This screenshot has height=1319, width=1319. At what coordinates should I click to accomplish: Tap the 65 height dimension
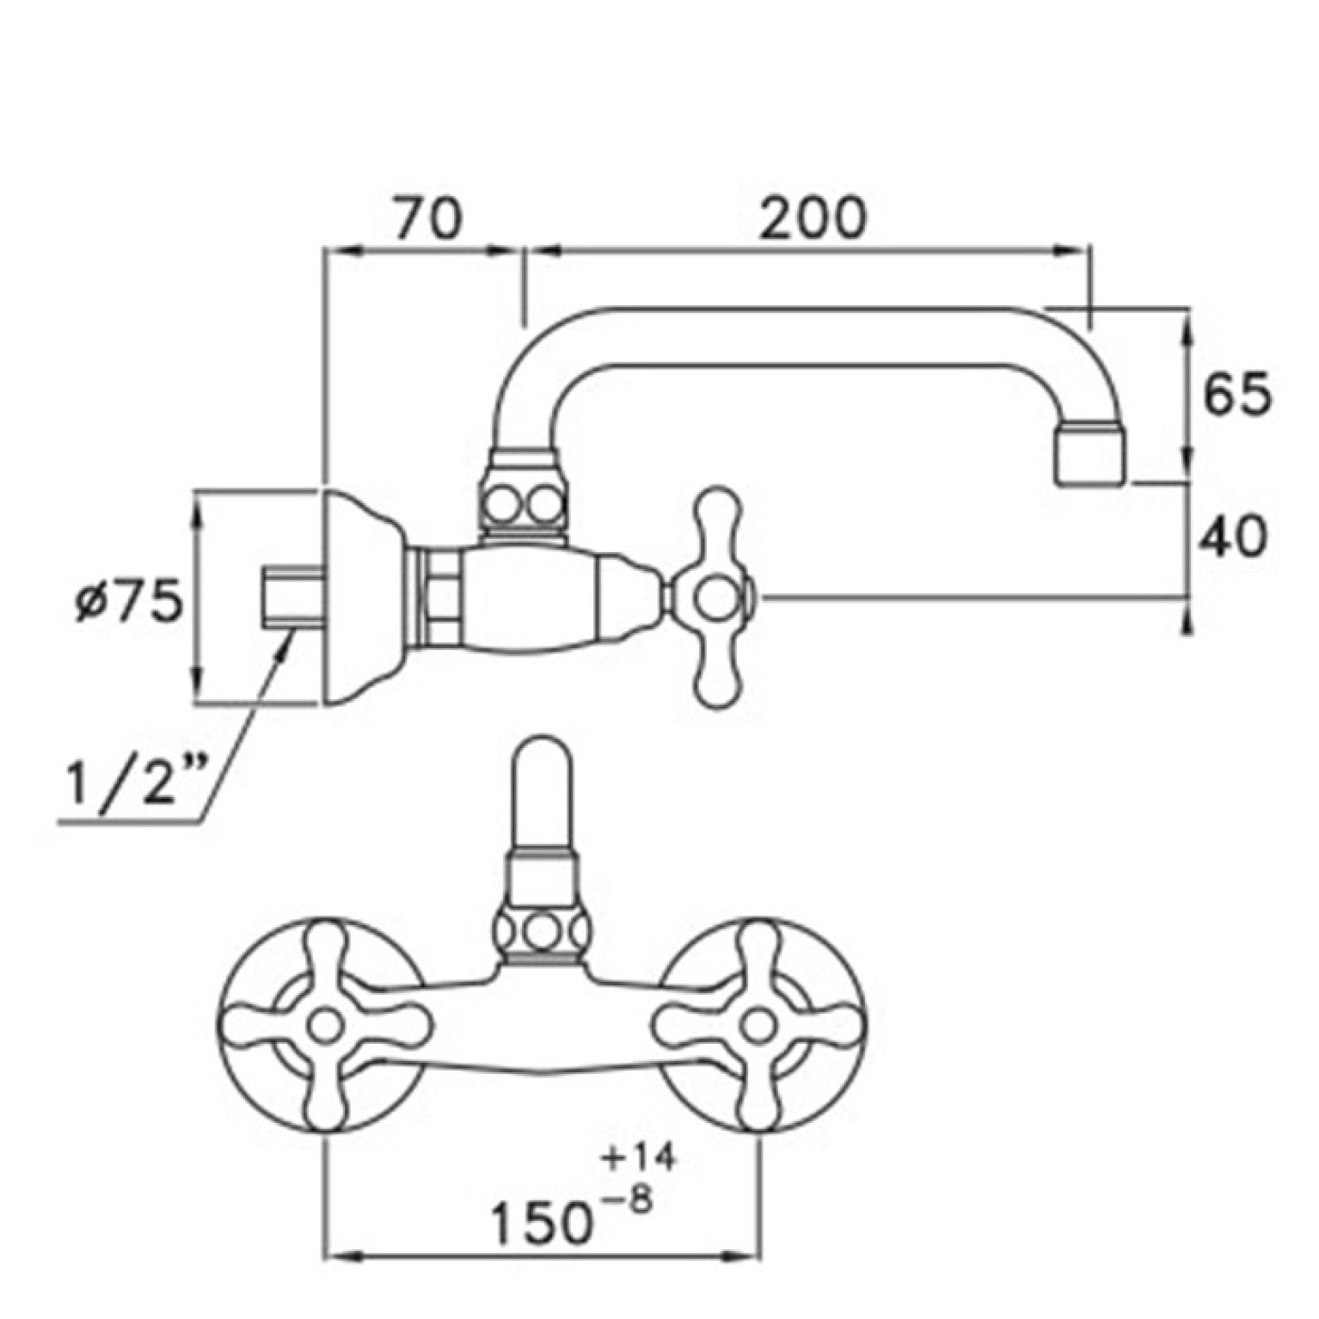[1236, 396]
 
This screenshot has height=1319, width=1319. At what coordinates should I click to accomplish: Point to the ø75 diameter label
[129, 601]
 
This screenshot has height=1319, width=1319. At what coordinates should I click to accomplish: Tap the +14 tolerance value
[638, 1157]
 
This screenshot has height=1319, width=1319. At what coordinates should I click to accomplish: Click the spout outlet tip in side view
[1089, 453]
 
